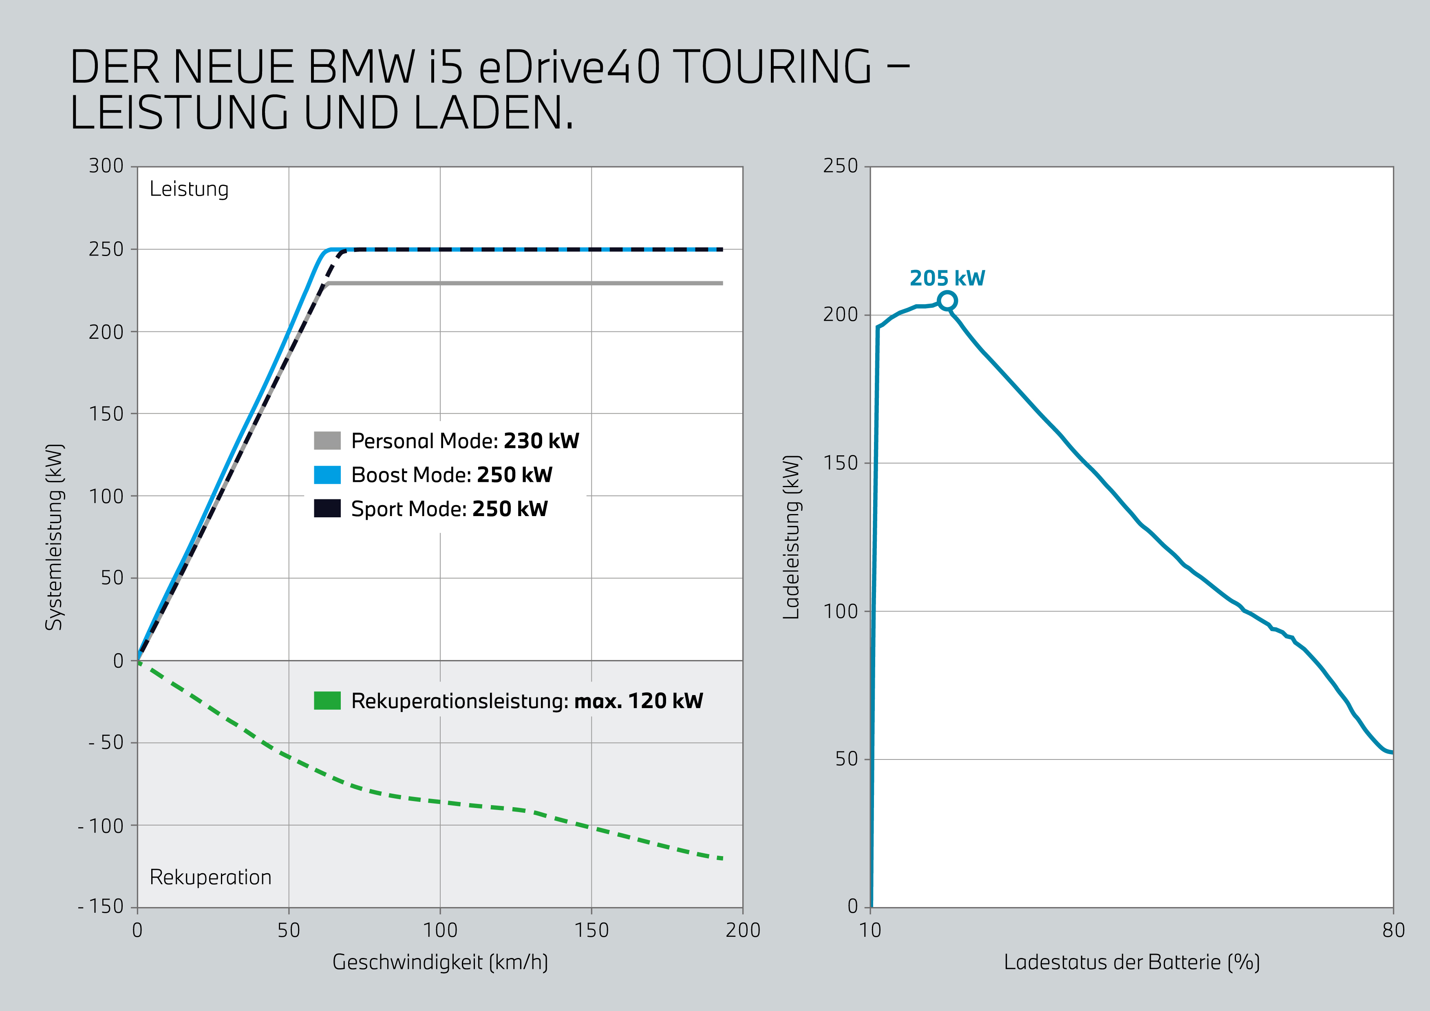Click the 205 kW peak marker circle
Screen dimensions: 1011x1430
coord(947,301)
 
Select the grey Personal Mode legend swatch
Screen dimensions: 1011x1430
coord(327,440)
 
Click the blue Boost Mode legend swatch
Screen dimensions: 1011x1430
coord(327,475)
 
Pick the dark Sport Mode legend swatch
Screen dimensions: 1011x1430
coord(327,508)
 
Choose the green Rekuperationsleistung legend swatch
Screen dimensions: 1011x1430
coord(327,701)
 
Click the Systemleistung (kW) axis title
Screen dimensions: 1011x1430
coord(55,537)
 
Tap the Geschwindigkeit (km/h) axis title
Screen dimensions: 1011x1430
coord(440,962)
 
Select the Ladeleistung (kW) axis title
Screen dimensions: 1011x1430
coord(791,537)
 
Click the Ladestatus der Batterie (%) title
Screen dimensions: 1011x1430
coord(1132,962)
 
